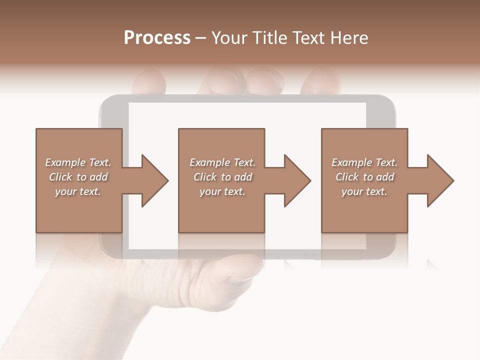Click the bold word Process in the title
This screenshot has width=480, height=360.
click(157, 37)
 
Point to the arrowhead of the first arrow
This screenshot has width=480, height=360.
click(154, 180)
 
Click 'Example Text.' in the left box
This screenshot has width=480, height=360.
click(78, 162)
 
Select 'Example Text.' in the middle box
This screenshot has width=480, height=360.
click(222, 162)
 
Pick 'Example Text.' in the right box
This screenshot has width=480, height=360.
click(364, 162)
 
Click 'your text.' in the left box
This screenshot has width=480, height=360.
click(78, 191)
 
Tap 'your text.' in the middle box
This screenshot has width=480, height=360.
click(222, 191)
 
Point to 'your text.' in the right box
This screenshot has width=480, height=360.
click(364, 191)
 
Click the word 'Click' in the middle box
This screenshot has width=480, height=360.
click(205, 177)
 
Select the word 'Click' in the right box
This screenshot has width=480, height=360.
click(347, 177)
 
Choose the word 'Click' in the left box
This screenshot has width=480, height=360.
click(60, 177)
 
